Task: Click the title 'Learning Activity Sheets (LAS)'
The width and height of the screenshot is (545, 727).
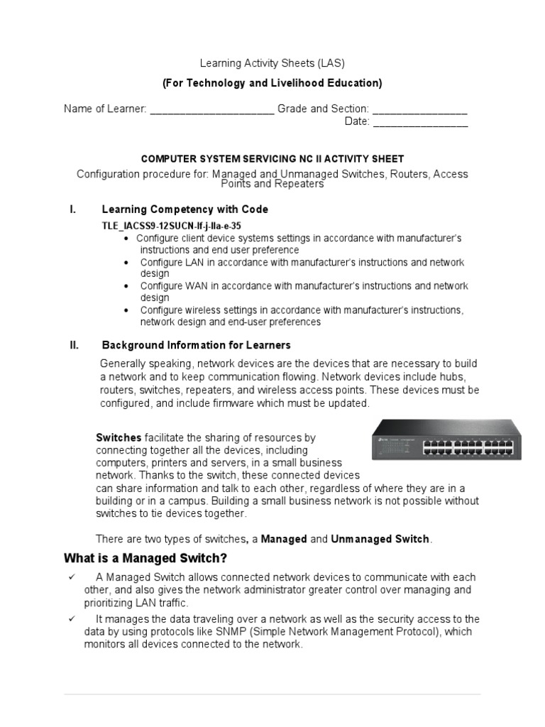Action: click(x=272, y=63)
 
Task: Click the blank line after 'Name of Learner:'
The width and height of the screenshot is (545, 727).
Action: click(x=212, y=110)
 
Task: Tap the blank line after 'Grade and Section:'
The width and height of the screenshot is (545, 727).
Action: click(x=419, y=110)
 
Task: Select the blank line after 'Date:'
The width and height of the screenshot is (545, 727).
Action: click(x=420, y=122)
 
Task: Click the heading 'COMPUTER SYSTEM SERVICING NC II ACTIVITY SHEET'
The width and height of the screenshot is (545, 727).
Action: click(x=272, y=159)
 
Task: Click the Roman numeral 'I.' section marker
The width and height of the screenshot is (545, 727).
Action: click(x=72, y=209)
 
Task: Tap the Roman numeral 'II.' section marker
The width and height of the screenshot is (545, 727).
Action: click(x=74, y=346)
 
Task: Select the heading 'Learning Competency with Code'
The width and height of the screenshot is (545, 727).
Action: click(x=185, y=209)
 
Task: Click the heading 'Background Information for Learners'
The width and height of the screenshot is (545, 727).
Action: click(x=197, y=346)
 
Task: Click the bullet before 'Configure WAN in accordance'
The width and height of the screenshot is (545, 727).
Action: click(x=126, y=286)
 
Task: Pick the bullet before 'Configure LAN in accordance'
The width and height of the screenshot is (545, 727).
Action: click(x=126, y=262)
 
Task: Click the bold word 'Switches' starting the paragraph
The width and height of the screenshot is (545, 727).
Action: click(x=119, y=437)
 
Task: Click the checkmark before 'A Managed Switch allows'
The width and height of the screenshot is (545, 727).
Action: click(x=72, y=577)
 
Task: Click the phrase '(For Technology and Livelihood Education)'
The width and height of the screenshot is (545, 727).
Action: click(x=272, y=83)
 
